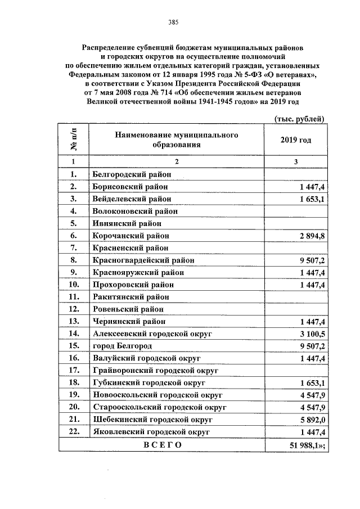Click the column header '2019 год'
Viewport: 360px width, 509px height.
point(295,140)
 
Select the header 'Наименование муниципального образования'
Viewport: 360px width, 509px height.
point(177,139)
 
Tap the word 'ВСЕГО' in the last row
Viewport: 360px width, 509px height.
point(163,445)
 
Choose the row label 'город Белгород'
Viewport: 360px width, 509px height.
point(123,345)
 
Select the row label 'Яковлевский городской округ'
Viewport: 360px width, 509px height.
point(151,431)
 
